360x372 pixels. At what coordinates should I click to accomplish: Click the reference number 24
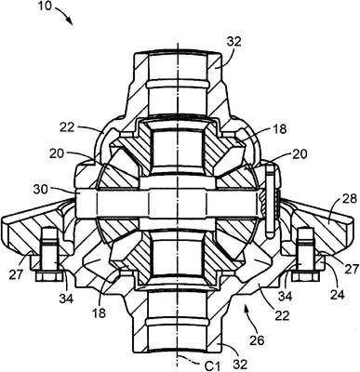coord(338,294)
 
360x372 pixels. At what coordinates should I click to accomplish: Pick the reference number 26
coord(257,340)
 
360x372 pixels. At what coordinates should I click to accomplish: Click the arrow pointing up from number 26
coord(250,317)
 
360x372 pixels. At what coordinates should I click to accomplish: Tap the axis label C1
coord(212,366)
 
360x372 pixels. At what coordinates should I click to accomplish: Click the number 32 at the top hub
coord(233,42)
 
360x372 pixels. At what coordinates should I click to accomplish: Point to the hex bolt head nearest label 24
coord(304,276)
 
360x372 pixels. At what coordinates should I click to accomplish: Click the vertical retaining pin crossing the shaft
coord(270,202)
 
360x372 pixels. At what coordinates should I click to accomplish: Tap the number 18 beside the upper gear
coord(280,129)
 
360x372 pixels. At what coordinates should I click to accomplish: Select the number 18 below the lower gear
coord(99,313)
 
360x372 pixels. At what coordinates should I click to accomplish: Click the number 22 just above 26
coord(282,315)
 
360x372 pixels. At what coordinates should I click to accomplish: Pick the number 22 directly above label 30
coord(67,127)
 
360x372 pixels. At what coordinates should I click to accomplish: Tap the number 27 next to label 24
coord(351,268)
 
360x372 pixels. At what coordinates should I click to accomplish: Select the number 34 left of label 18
coord(67,299)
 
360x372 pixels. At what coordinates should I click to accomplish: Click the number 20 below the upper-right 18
coord(299,153)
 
